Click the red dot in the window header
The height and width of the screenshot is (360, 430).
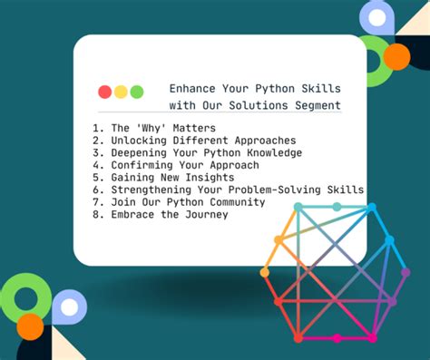click(x=104, y=92)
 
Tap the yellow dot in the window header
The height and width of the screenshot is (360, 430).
click(x=121, y=92)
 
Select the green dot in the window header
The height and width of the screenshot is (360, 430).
click(x=137, y=92)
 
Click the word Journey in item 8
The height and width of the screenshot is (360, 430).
click(x=204, y=215)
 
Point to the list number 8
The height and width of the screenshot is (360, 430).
click(x=94, y=215)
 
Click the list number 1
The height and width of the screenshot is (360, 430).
click(x=94, y=128)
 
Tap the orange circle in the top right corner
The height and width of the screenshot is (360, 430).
click(x=396, y=57)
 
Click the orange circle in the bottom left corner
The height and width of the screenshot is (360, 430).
click(x=31, y=326)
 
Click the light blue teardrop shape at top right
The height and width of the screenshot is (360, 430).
click(x=376, y=17)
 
